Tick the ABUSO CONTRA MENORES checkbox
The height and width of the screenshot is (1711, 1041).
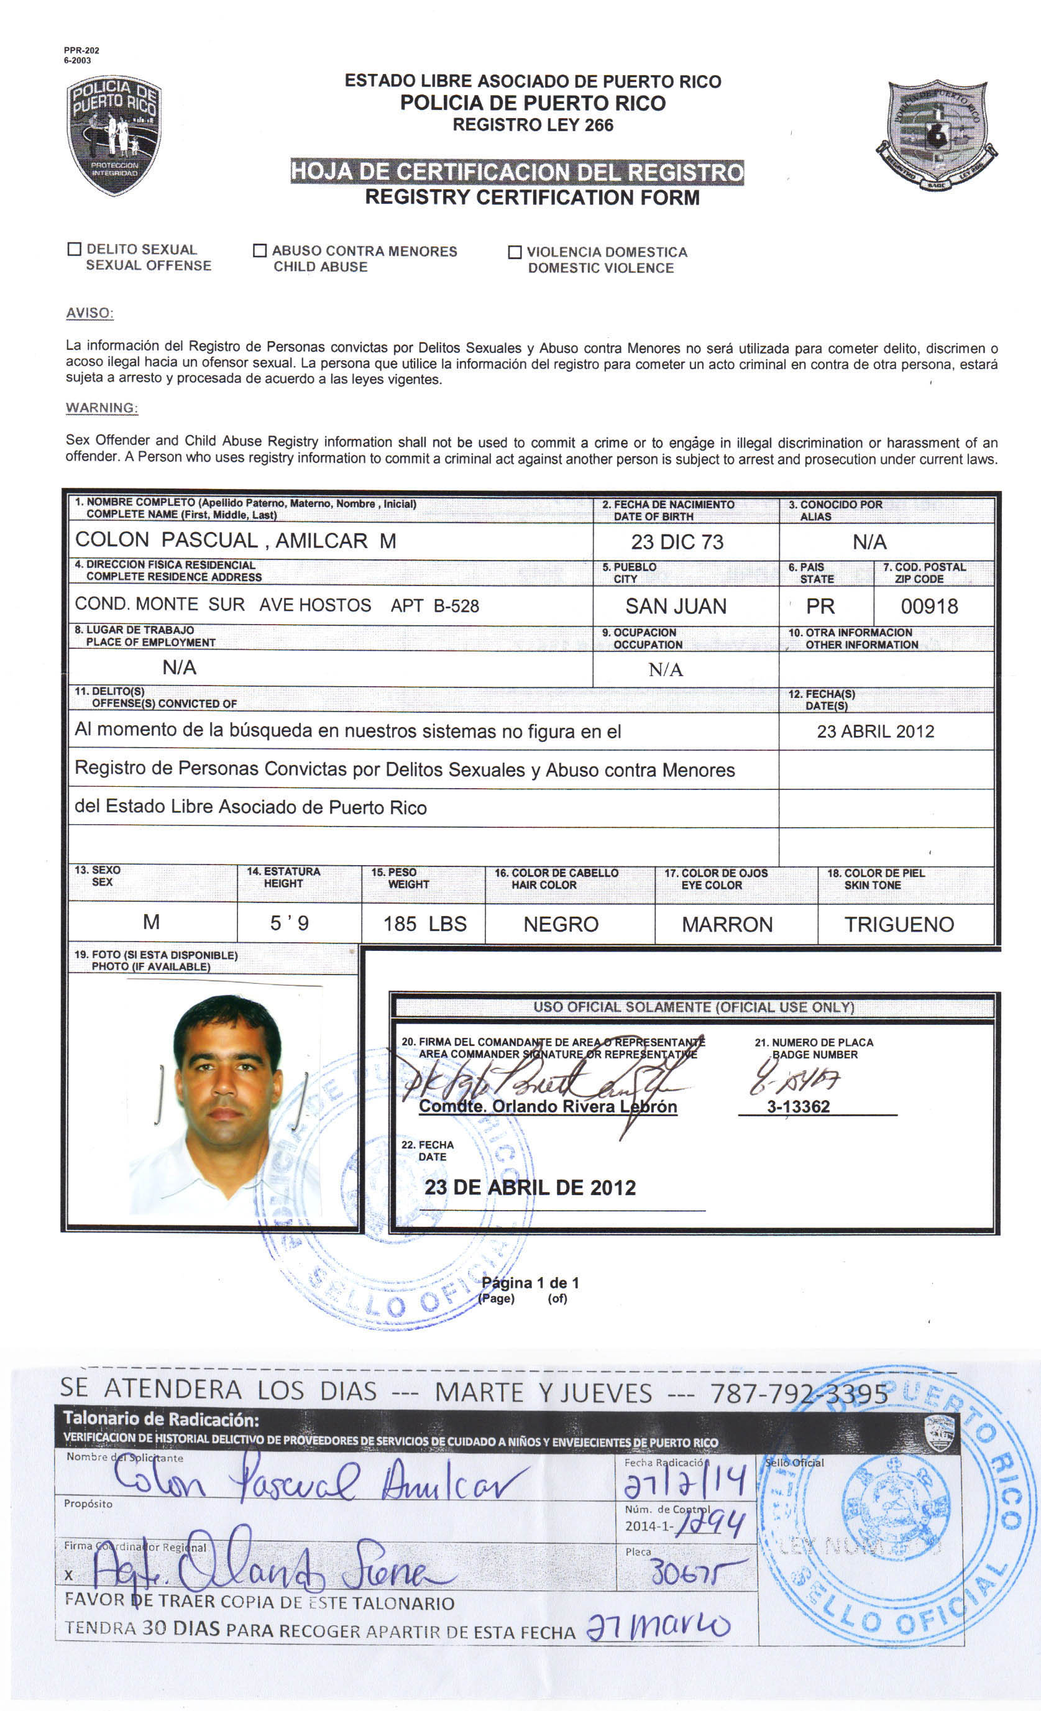tap(260, 250)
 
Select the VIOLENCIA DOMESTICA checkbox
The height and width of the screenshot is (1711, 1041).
tap(515, 252)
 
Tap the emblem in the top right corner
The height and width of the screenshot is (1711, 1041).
tap(937, 135)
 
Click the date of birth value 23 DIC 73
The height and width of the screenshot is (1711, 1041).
tap(676, 541)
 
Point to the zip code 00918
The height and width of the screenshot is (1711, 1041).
tap(929, 606)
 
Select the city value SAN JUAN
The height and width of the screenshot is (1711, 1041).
tap(675, 606)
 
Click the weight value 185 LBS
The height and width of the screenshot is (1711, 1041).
tap(424, 924)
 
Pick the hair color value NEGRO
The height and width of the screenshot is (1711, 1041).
tap(561, 924)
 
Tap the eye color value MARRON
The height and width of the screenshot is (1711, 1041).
tap(727, 924)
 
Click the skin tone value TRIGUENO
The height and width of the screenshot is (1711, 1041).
tap(899, 924)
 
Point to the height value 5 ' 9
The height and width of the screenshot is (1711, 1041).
tap(289, 923)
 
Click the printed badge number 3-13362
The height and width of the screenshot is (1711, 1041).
tap(798, 1106)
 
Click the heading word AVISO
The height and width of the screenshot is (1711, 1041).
tap(89, 313)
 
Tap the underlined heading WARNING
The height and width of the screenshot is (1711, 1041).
tap(101, 408)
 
